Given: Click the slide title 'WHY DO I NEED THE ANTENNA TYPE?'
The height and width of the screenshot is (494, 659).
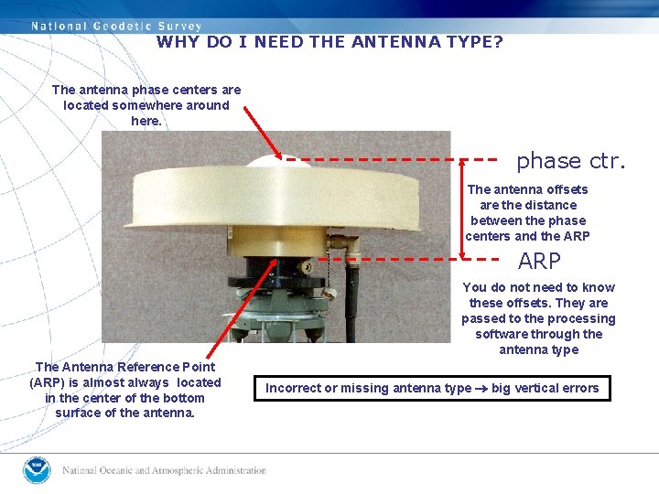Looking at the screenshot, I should coord(329,42).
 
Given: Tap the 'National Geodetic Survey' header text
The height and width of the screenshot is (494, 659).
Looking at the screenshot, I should coord(116,27).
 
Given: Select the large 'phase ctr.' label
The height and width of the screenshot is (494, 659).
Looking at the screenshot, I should coord(570,161).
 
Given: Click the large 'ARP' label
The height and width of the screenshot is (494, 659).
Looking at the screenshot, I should coord(539,262).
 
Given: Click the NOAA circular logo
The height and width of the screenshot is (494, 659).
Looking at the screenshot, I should coord(37,470).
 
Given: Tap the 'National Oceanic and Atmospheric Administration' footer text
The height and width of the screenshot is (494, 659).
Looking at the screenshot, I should coord(164,471).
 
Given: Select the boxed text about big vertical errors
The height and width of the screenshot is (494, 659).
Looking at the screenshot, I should coord(432,388).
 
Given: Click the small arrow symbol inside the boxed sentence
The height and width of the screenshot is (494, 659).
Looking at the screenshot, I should coord(481,389).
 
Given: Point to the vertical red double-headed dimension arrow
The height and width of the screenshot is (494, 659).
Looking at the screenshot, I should coord(462,209).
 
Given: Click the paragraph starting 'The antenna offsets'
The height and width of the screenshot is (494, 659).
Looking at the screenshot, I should coord(527,213).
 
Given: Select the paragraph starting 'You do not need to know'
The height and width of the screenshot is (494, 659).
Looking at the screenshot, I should coord(538,318).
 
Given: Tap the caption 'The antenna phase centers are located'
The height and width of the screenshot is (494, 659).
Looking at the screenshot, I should coord(146,105).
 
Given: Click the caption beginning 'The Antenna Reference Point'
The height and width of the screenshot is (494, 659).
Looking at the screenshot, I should coord(125,390).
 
